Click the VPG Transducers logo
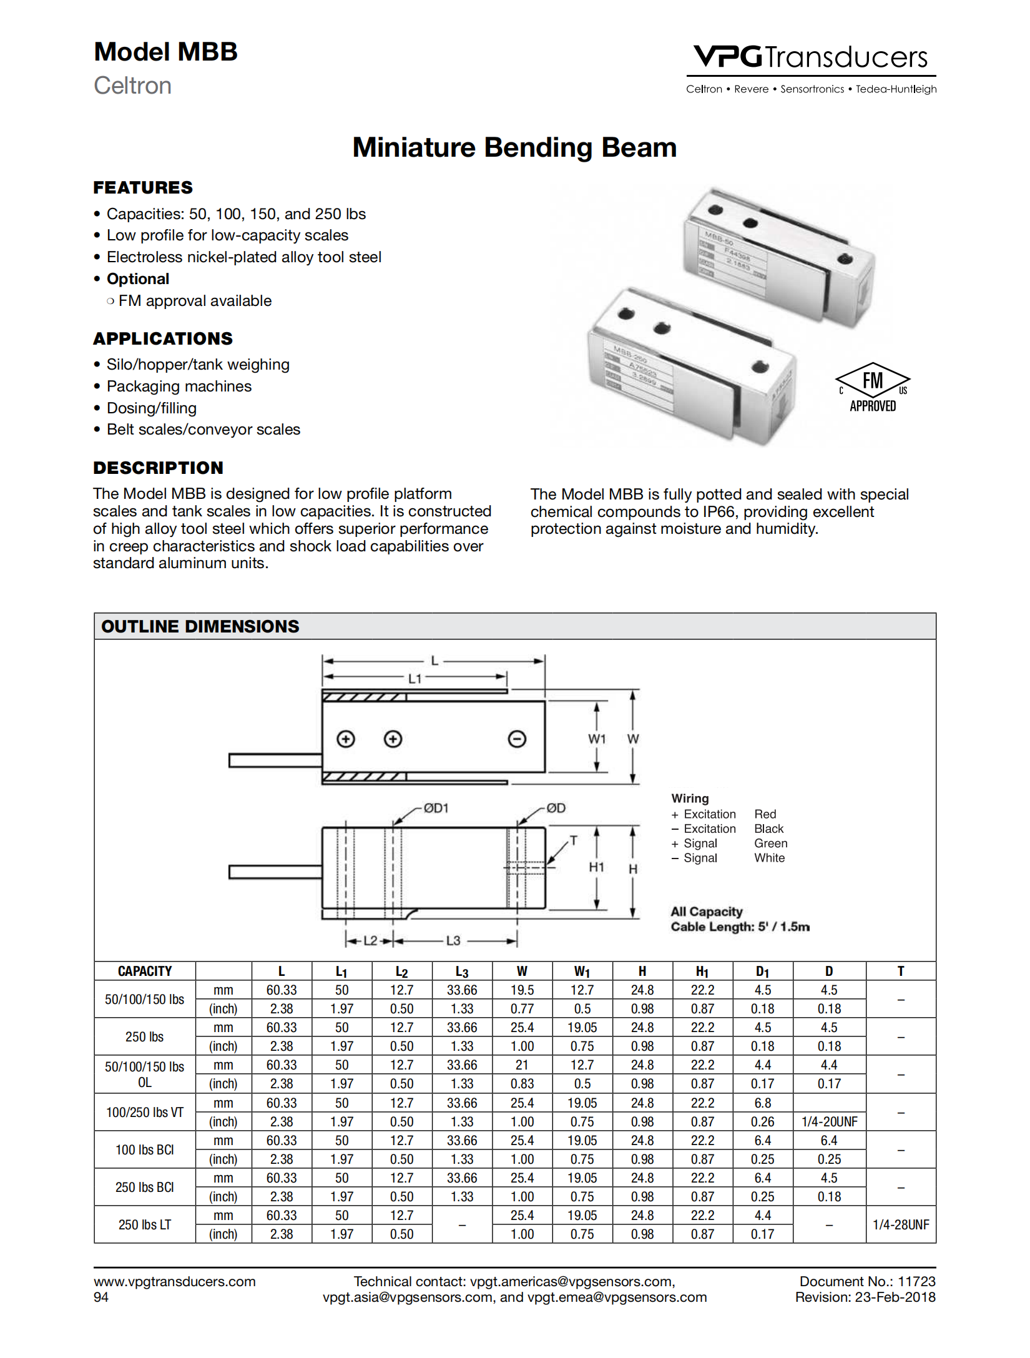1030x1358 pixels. pyautogui.click(x=811, y=58)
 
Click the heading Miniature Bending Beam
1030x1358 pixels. pyautogui.click(x=514, y=148)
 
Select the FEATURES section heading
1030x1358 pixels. pyautogui.click(x=143, y=188)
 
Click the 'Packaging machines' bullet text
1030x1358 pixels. pyautogui.click(x=179, y=386)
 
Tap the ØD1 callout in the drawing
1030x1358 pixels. pyautogui.click(x=436, y=809)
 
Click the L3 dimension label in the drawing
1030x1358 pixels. pyautogui.click(x=453, y=941)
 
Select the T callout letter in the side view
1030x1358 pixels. pyautogui.click(x=574, y=841)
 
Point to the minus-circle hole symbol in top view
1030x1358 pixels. pyautogui.click(x=517, y=739)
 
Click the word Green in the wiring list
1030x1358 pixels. pyautogui.click(x=770, y=844)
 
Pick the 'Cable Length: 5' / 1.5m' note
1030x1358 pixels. pyautogui.click(x=740, y=927)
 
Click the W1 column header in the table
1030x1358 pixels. pyautogui.click(x=582, y=972)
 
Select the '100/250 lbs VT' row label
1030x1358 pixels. pyautogui.click(x=145, y=1113)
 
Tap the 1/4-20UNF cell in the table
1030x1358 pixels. pyautogui.click(x=829, y=1122)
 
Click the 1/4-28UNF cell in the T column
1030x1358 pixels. pyautogui.click(x=901, y=1225)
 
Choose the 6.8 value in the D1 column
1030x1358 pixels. pyautogui.click(x=762, y=1103)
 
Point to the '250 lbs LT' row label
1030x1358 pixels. pyautogui.click(x=145, y=1225)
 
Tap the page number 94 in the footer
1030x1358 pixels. pyautogui.click(x=101, y=1297)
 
